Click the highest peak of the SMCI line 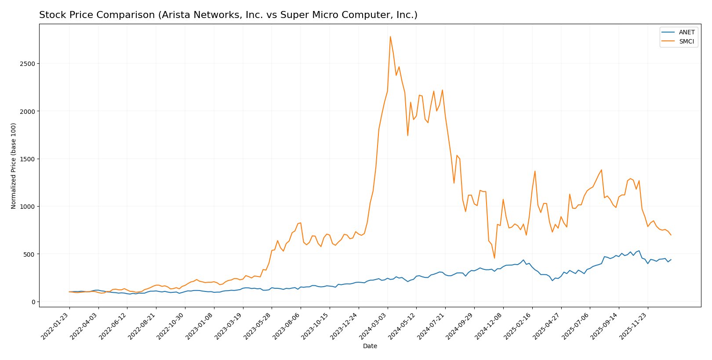(x=390, y=36)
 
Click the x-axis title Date (x=370, y=346)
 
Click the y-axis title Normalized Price (x=14, y=166)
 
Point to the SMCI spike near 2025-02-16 (x=535, y=171)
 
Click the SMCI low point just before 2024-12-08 (x=494, y=258)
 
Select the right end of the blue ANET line (x=671, y=259)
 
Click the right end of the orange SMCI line (x=671, y=235)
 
